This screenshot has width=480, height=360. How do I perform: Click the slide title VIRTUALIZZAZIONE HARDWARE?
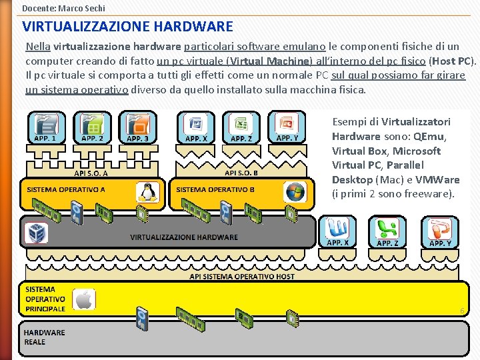[128, 27]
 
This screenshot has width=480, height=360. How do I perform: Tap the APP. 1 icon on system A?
[46, 127]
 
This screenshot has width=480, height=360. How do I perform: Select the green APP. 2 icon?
[92, 127]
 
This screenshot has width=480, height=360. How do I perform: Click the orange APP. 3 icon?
[138, 127]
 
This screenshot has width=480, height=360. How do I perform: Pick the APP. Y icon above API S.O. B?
[287, 127]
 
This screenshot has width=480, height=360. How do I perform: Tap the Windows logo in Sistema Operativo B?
[294, 192]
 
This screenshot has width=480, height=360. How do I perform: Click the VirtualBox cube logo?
[36, 233]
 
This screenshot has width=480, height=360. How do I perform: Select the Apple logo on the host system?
[83, 299]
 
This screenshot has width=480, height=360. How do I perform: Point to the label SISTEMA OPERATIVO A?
[66, 189]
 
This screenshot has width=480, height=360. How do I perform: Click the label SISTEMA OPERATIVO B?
[215, 189]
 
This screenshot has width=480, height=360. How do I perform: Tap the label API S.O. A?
[91, 173]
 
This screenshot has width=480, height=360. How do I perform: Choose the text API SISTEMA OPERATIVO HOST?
[242, 276]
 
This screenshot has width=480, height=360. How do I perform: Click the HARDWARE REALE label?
[44, 337]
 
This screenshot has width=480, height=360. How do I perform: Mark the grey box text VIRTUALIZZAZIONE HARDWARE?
[184, 237]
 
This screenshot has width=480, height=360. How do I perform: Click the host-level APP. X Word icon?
[337, 231]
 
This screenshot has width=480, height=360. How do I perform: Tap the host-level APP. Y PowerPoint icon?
[440, 231]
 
